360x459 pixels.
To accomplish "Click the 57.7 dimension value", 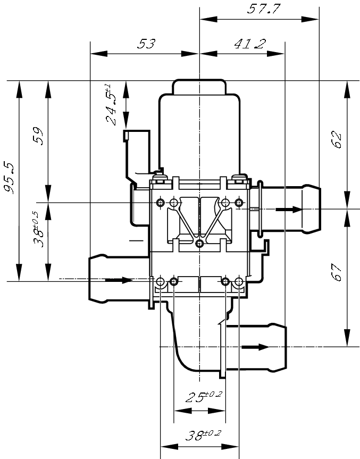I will pyautogui.click(x=264, y=9).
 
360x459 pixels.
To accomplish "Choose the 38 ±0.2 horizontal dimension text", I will pyautogui.click(x=203, y=436).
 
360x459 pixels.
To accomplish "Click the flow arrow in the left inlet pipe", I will pyautogui.click(x=120, y=280).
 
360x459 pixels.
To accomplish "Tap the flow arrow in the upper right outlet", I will pyautogui.click(x=289, y=210).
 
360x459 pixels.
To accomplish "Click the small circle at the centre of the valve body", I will pyautogui.click(x=199, y=244).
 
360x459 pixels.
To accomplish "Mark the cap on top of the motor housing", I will pyautogui.click(x=199, y=86).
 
